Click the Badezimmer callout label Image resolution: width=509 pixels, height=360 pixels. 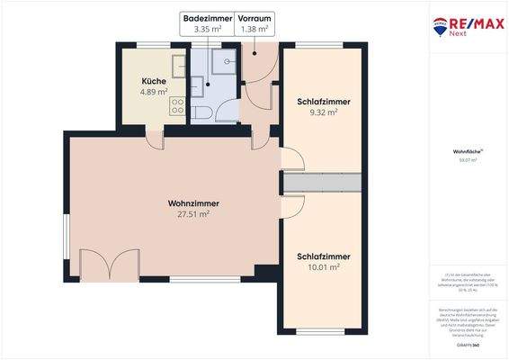[207, 18]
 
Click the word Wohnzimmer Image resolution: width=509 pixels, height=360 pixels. [193, 203]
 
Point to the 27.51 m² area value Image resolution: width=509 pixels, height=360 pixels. [193, 215]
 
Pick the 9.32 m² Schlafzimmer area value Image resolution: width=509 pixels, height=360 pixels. [323, 112]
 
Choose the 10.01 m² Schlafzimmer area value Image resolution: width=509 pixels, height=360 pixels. [323, 267]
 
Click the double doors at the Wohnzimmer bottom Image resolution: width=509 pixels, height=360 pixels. [109, 265]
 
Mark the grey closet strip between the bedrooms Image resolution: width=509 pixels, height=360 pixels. [324, 183]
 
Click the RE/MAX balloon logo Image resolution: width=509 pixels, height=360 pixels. [442, 26]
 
